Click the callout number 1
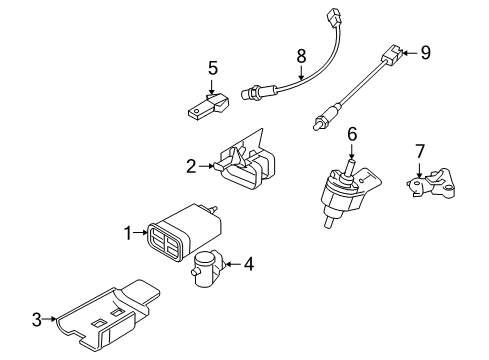[x=128, y=233]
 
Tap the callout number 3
[x=37, y=320]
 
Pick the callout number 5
[x=212, y=68]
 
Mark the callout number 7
[x=420, y=153]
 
